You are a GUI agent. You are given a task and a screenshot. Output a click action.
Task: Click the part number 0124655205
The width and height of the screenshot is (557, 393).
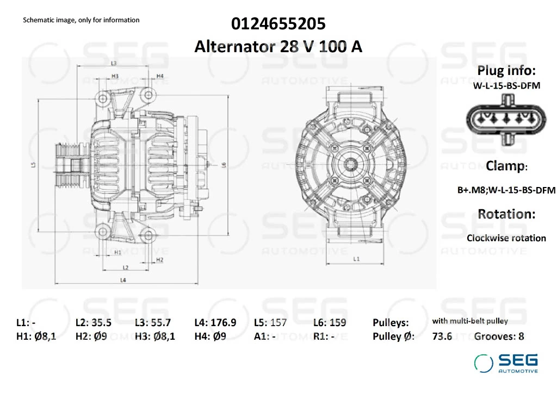(x=278, y=24)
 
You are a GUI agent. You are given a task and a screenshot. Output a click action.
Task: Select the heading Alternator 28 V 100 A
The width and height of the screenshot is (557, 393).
(x=278, y=47)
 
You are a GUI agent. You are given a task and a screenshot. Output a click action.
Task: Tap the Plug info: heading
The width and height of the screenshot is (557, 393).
(x=506, y=71)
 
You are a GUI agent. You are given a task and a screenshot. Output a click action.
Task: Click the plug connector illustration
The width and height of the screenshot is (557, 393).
(x=506, y=120)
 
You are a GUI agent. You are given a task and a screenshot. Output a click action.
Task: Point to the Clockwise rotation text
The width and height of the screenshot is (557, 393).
(x=506, y=238)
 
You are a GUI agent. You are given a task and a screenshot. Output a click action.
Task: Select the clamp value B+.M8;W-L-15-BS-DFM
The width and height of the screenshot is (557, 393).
(x=506, y=190)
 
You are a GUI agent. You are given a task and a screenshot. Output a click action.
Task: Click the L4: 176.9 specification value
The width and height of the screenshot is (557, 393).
(x=215, y=322)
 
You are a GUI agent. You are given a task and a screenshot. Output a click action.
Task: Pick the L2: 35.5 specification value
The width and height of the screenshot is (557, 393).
(x=93, y=322)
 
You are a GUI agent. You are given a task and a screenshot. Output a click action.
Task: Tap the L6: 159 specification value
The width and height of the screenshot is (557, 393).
(x=330, y=322)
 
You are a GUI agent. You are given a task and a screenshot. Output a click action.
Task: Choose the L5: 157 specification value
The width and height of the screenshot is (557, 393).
(x=270, y=322)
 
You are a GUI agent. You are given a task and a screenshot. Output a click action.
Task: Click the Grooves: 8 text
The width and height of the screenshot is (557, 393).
(x=499, y=336)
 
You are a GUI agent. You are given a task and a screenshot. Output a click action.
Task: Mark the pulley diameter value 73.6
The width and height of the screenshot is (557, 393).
(x=442, y=336)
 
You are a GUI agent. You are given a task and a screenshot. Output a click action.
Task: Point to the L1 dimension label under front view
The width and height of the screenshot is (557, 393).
(x=356, y=259)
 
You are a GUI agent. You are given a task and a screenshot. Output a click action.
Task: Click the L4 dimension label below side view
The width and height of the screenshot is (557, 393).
(x=123, y=280)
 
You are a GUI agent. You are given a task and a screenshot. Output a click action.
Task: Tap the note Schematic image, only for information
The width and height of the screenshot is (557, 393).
(x=81, y=20)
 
